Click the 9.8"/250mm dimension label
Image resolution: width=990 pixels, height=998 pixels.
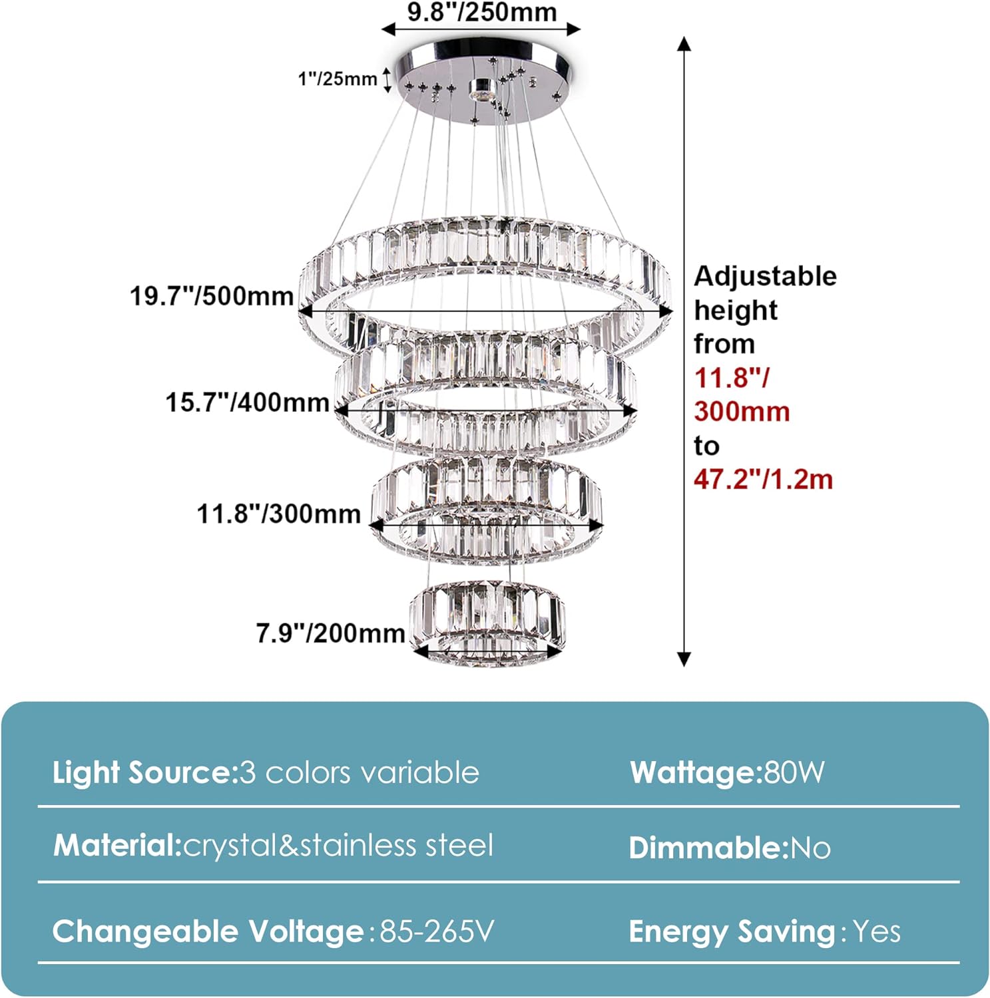click(482, 12)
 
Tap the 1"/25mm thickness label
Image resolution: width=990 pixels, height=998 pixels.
click(337, 79)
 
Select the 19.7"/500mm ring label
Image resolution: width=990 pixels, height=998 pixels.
click(212, 295)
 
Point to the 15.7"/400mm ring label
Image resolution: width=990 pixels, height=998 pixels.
click(247, 402)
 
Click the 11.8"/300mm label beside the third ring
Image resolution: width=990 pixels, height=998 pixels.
click(278, 514)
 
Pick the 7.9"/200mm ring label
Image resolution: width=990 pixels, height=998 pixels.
click(331, 633)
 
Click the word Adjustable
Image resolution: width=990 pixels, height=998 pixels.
click(766, 276)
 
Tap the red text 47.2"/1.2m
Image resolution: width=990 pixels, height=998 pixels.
click(763, 478)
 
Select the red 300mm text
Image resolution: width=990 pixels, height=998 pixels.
click(742, 411)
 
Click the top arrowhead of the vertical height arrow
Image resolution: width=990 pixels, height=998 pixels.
click(684, 44)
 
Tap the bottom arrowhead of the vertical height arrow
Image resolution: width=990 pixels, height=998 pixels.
click(684, 659)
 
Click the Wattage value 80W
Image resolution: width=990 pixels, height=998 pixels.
click(794, 772)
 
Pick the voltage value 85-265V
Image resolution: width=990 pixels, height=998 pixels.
click(437, 931)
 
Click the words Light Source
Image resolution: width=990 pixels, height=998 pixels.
click(142, 772)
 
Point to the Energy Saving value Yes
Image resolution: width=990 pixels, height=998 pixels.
click(877, 931)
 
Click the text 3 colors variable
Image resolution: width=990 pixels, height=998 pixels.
click(360, 772)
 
